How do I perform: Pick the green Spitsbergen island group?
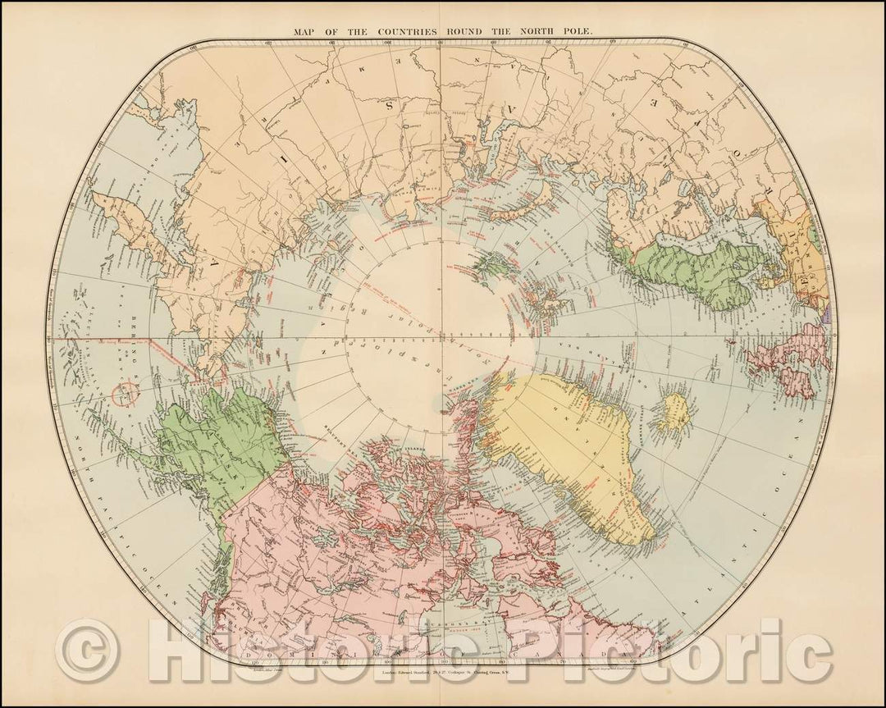click(x=491, y=264)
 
